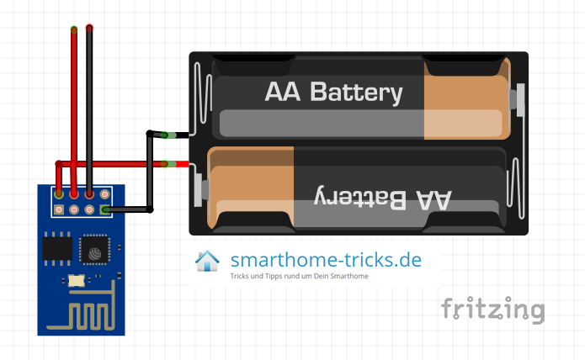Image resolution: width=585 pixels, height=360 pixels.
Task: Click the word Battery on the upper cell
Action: pyautogui.click(x=357, y=92)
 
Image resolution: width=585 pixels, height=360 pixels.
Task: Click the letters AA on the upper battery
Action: pyautogui.click(x=284, y=91)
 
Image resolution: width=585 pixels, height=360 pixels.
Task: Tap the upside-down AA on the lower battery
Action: pyautogui.click(x=429, y=199)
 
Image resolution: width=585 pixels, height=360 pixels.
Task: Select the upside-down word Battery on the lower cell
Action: pyautogui.click(x=357, y=198)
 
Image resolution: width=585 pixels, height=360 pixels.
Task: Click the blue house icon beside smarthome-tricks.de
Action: pyautogui.click(x=207, y=261)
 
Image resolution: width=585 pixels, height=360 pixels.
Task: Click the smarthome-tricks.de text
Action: pyautogui.click(x=326, y=259)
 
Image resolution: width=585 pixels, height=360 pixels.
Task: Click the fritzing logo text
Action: pyautogui.click(x=493, y=309)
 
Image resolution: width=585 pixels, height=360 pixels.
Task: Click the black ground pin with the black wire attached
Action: pyautogui.click(x=104, y=209)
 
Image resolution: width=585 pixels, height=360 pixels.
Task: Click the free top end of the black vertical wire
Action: pyautogui.click(x=89, y=29)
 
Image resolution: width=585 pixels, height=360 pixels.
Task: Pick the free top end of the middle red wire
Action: pyautogui.click(x=74, y=30)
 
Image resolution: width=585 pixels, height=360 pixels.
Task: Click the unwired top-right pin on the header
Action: pyautogui.click(x=104, y=194)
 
